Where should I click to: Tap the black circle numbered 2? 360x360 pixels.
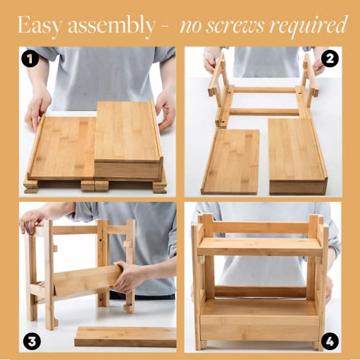click(x=329, y=59)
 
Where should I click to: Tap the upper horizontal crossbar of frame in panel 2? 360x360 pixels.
click(x=264, y=90)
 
